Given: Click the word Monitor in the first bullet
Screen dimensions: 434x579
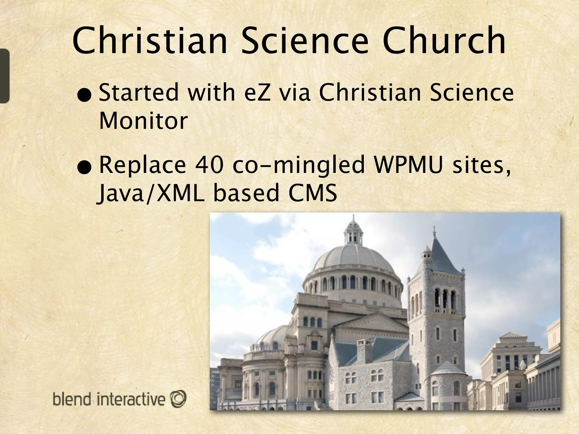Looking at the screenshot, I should point(143,121).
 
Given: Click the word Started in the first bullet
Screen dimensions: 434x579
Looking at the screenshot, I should point(139,92).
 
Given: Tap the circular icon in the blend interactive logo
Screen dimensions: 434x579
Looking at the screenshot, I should point(178,398).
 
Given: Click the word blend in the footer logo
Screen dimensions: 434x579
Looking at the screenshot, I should point(72,399).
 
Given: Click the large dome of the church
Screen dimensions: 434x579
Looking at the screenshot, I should point(353,260).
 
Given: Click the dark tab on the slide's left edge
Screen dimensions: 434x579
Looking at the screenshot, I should point(5,76).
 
